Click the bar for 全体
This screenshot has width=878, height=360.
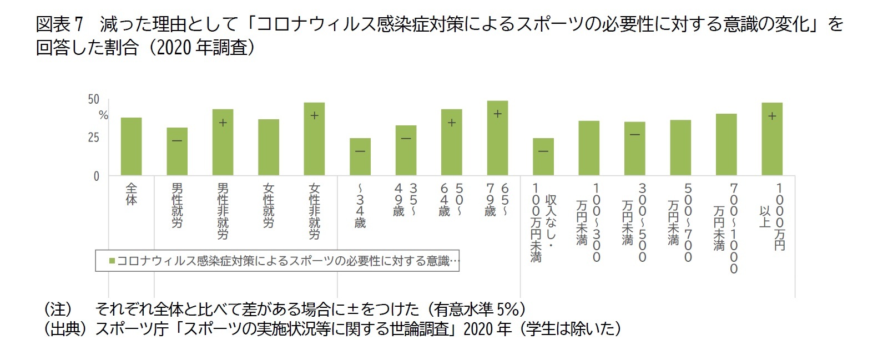tap(131, 146)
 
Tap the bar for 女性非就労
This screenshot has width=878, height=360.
tap(314, 139)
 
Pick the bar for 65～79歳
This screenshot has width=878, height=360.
tap(497, 138)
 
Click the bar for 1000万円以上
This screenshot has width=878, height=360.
tap(771, 139)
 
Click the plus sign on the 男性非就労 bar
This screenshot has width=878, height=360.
tap(223, 123)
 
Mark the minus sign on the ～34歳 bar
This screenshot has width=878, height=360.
tap(360, 151)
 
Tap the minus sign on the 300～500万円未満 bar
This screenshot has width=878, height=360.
tap(634, 135)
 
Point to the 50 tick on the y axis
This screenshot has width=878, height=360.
tap(93, 100)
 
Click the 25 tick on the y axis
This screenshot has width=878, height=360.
tap(93, 138)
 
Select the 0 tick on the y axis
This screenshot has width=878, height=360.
tap(96, 176)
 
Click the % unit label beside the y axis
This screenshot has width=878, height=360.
tap(103, 115)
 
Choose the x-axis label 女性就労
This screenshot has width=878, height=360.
tap(269, 205)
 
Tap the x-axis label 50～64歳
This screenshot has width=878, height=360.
tap(451, 200)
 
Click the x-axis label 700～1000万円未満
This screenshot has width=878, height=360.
tap(726, 227)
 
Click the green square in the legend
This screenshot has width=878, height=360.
tap(112, 261)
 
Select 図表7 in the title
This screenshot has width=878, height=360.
tap(59, 24)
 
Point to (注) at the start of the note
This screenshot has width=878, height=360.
tap(58, 308)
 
